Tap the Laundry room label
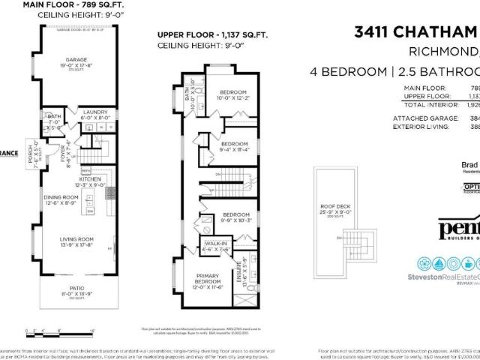[x=82, y=114]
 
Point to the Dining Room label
[x=59, y=196]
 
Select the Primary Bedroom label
[x=206, y=279]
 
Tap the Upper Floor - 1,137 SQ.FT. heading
[x=209, y=35]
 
